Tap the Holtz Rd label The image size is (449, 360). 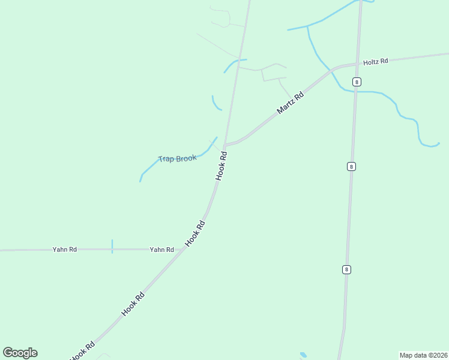(376, 61)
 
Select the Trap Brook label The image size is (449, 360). (177, 158)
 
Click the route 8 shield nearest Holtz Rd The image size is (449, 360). (357, 82)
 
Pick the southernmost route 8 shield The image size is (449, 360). (346, 269)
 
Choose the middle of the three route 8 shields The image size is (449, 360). (351, 166)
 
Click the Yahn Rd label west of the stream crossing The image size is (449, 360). (64, 250)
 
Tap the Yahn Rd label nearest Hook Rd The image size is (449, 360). (161, 250)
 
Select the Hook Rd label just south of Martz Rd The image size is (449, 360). (221, 166)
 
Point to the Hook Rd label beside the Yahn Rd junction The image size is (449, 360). (196, 233)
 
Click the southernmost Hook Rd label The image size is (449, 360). (83, 350)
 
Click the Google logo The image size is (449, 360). (20, 353)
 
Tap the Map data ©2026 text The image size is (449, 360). (423, 355)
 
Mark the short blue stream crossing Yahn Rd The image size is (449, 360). (112, 247)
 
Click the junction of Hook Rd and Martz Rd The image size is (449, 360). (224, 145)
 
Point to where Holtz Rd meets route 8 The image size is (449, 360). (358, 62)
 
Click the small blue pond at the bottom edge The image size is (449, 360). (303, 355)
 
